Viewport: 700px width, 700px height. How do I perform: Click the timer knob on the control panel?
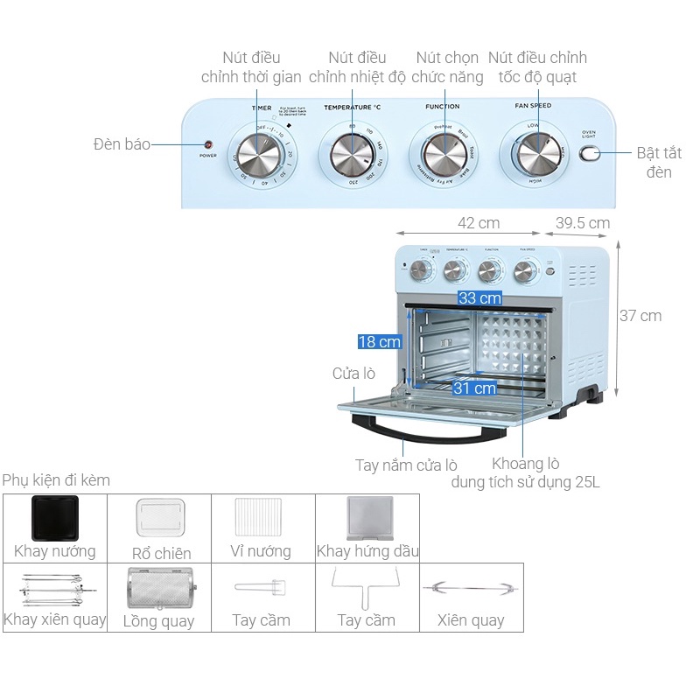pos(261,156)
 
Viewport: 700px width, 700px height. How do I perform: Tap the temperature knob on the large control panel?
pos(350,156)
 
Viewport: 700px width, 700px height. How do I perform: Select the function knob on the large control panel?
pos(443,155)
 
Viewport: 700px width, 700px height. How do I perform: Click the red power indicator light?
pos(208,144)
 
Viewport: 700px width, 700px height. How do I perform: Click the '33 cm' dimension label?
pos(479,298)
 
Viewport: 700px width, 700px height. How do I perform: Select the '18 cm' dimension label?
pos(379,341)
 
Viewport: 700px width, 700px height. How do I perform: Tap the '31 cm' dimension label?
pos(474,388)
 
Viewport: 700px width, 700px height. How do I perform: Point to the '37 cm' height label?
pos(640,316)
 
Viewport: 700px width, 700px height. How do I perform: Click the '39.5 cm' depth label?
pos(583,223)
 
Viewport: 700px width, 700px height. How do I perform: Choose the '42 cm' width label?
pos(479,223)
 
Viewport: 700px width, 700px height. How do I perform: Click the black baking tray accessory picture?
pos(54,518)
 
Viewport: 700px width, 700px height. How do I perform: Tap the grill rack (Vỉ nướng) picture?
pos(262,520)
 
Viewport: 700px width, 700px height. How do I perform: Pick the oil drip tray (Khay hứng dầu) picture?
pos(367,518)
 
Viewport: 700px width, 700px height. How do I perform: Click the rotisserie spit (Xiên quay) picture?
pos(471,589)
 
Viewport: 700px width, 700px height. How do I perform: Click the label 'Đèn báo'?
pos(122,144)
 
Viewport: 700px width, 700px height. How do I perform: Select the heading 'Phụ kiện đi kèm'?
pos(56,480)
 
